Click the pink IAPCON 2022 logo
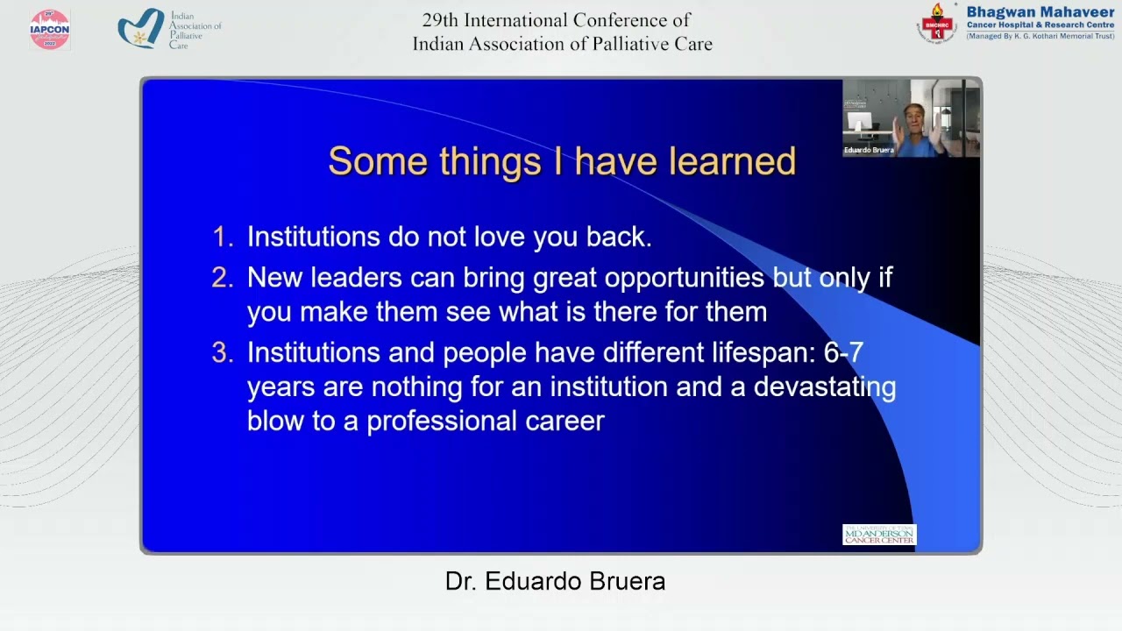tap(49, 30)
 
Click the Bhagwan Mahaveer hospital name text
tap(1040, 13)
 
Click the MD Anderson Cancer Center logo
tap(879, 535)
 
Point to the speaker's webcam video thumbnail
tap(911, 118)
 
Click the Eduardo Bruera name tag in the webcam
tap(869, 150)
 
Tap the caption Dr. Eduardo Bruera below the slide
tap(555, 581)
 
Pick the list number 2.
tap(222, 278)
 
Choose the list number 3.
tap(222, 353)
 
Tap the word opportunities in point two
tap(684, 279)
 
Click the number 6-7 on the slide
tap(843, 353)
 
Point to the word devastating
tap(824, 387)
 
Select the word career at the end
tap(565, 422)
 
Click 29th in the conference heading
tap(442, 20)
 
